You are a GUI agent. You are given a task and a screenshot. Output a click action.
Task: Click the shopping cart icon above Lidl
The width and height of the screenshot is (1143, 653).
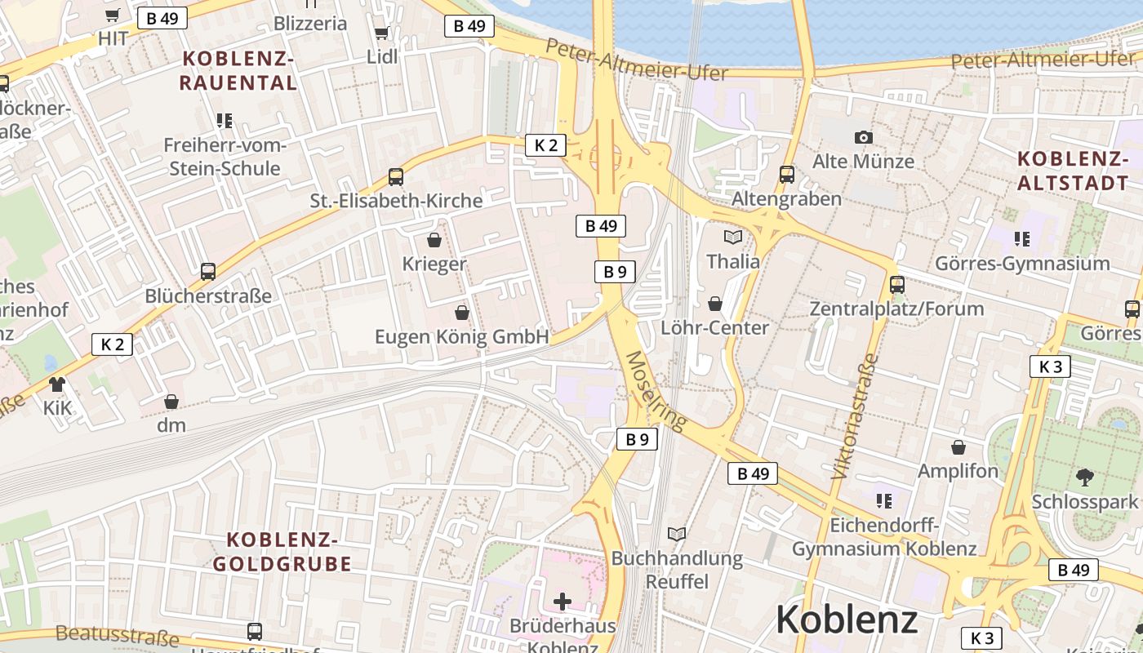(381, 33)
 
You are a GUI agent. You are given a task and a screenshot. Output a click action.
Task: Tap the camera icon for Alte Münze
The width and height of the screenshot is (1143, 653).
(863, 137)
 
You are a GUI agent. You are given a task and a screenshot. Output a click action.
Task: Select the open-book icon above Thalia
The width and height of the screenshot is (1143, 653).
(733, 238)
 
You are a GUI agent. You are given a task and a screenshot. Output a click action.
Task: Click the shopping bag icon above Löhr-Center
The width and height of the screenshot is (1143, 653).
(715, 304)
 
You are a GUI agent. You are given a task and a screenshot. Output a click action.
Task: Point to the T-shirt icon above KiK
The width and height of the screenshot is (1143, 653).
(57, 384)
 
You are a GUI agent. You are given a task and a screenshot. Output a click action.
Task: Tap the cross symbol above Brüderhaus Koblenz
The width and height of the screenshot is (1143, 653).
(563, 602)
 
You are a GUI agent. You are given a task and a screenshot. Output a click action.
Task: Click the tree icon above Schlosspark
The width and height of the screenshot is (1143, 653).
(1085, 477)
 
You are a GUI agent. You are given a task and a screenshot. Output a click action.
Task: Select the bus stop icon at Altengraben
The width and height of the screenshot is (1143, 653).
(787, 174)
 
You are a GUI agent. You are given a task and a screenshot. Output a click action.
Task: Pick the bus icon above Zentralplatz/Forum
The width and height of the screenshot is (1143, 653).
(897, 284)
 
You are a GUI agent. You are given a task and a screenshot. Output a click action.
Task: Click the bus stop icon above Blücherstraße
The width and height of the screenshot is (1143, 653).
(208, 271)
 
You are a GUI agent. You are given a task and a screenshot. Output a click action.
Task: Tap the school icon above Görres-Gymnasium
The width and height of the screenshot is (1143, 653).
(1021, 239)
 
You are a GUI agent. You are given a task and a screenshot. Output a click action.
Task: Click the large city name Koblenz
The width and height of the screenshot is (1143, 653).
(847, 620)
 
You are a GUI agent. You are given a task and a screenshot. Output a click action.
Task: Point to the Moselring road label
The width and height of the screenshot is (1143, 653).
(656, 391)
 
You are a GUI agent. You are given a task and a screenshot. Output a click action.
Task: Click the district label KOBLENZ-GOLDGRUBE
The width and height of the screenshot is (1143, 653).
(282, 552)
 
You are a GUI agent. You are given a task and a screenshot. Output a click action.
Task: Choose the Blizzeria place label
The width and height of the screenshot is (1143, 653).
(310, 23)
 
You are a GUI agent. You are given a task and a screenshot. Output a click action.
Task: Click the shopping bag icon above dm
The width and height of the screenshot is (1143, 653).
(171, 401)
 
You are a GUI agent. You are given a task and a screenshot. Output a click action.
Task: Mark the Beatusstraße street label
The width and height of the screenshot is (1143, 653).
(118, 635)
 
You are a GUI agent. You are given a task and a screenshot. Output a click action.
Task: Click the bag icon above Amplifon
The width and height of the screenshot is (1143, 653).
(958, 447)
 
